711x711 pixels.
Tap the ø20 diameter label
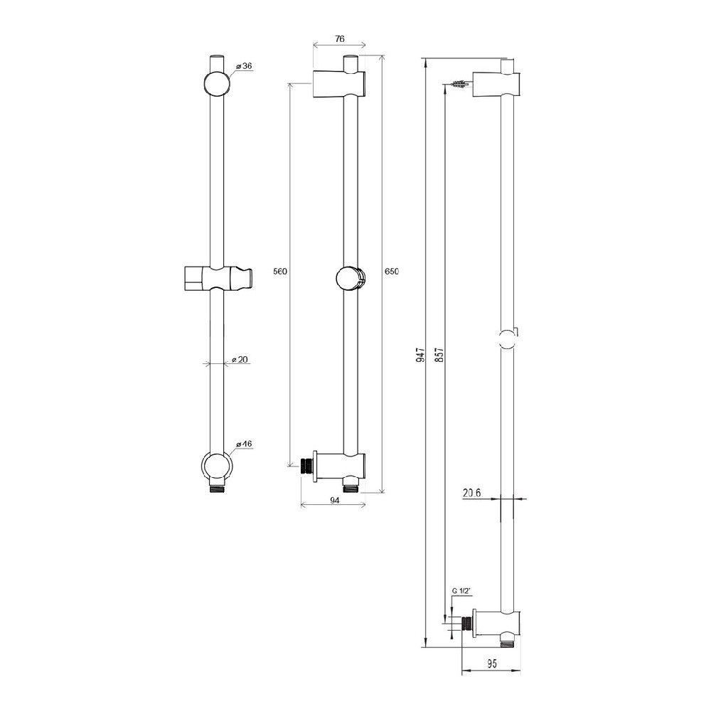click(x=240, y=360)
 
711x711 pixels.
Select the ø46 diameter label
click(x=244, y=444)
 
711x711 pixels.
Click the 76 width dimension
click(x=340, y=39)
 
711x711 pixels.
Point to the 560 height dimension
click(x=280, y=272)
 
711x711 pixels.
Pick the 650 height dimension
click(x=392, y=272)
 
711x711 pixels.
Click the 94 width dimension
click(x=335, y=501)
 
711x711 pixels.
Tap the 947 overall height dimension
click(x=421, y=355)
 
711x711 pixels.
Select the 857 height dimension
click(x=439, y=355)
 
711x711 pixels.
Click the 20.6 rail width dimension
click(x=472, y=493)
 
